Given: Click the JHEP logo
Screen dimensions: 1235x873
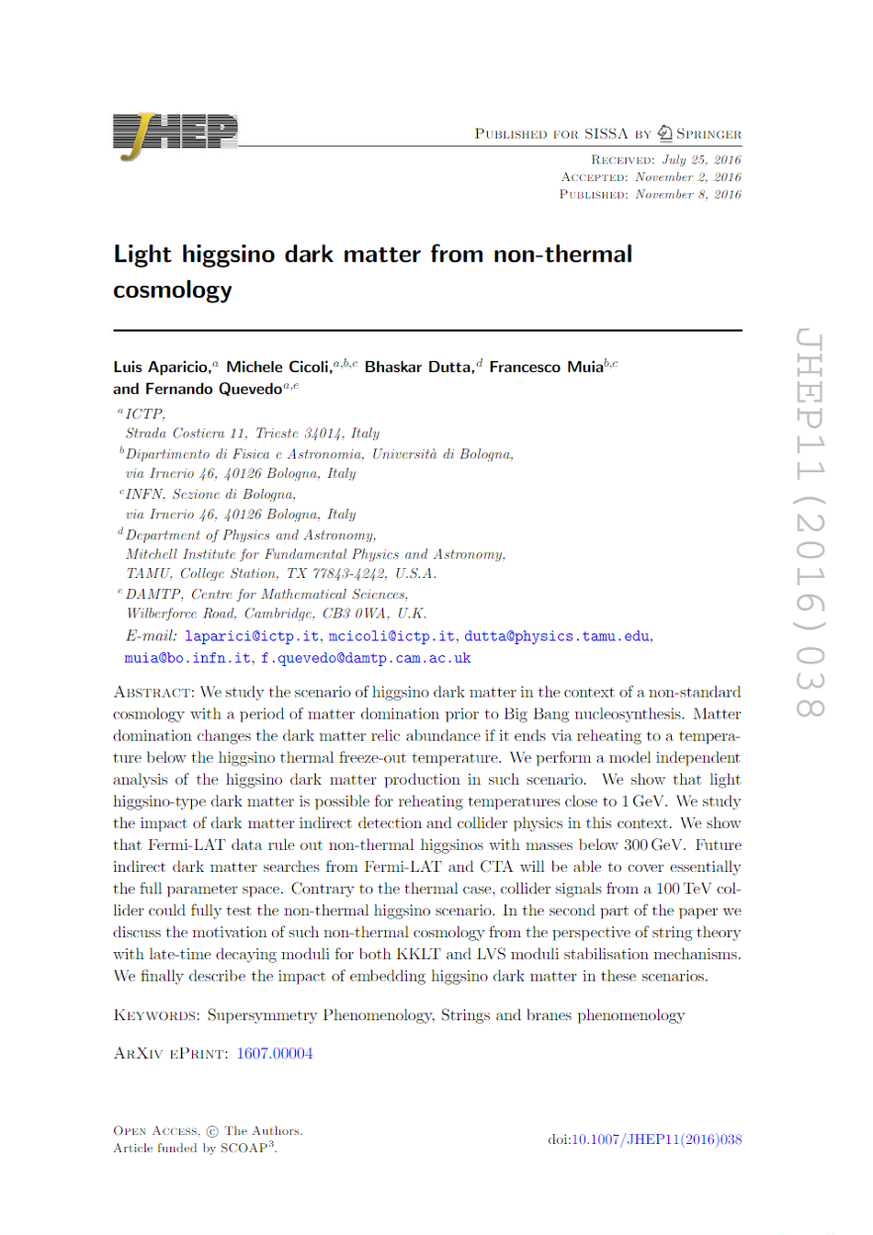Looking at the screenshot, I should point(175,134).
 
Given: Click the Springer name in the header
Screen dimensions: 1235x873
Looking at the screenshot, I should point(709,134).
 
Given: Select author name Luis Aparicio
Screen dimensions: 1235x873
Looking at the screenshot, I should point(161,368).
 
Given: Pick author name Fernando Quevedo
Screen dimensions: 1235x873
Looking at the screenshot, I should point(213,390).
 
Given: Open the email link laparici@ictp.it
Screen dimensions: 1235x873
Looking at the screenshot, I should point(252,636).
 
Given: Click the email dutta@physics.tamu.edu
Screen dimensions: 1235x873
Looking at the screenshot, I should point(557,636).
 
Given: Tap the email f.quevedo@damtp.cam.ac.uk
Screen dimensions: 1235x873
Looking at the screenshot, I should point(366,658).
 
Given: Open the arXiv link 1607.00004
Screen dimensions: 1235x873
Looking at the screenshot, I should point(275,1053).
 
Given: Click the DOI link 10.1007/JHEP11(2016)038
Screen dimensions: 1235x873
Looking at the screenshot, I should point(656,1139).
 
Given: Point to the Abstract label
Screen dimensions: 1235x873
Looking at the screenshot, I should point(153,692).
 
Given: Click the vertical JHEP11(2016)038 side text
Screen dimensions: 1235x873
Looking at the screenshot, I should point(809,524).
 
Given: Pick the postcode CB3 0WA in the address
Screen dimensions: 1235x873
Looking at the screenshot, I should point(356,614).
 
